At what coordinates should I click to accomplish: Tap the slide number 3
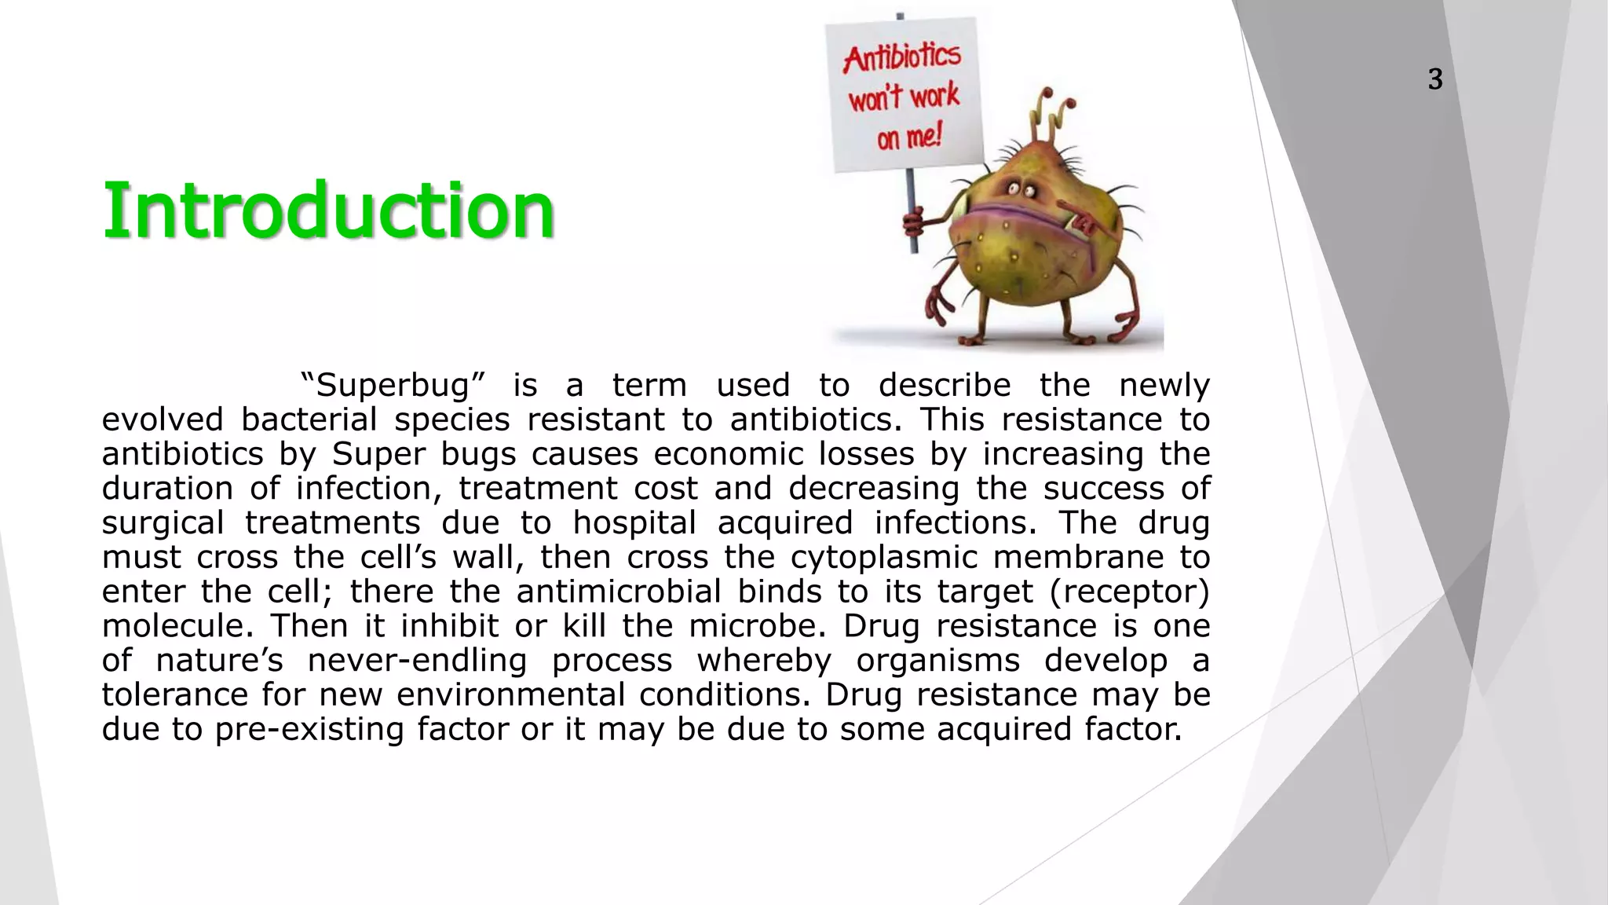tap(1434, 79)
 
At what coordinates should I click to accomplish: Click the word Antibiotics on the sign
tap(902, 57)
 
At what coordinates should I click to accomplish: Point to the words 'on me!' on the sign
tap(908, 138)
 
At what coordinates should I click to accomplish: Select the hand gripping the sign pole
tap(913, 222)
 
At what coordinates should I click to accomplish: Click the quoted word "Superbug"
tap(393, 386)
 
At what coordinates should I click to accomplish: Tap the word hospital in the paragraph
tap(635, 523)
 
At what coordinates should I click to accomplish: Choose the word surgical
tap(163, 523)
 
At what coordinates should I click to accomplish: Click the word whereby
tap(763, 661)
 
